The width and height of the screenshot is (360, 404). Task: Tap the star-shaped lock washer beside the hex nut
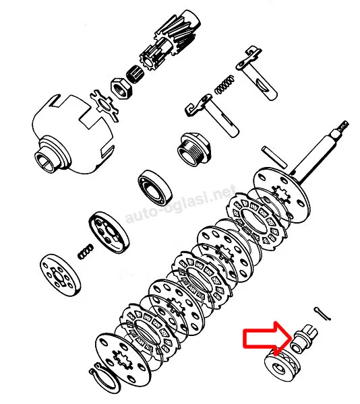[x=104, y=105]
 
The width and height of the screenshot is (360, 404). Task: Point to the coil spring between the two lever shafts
[x=225, y=84]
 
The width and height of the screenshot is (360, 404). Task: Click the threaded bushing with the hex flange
[x=194, y=149]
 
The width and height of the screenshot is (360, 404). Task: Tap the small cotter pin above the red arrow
[x=322, y=314]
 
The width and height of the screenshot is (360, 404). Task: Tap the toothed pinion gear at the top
[x=170, y=41]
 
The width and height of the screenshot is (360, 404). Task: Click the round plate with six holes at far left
[x=60, y=275]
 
